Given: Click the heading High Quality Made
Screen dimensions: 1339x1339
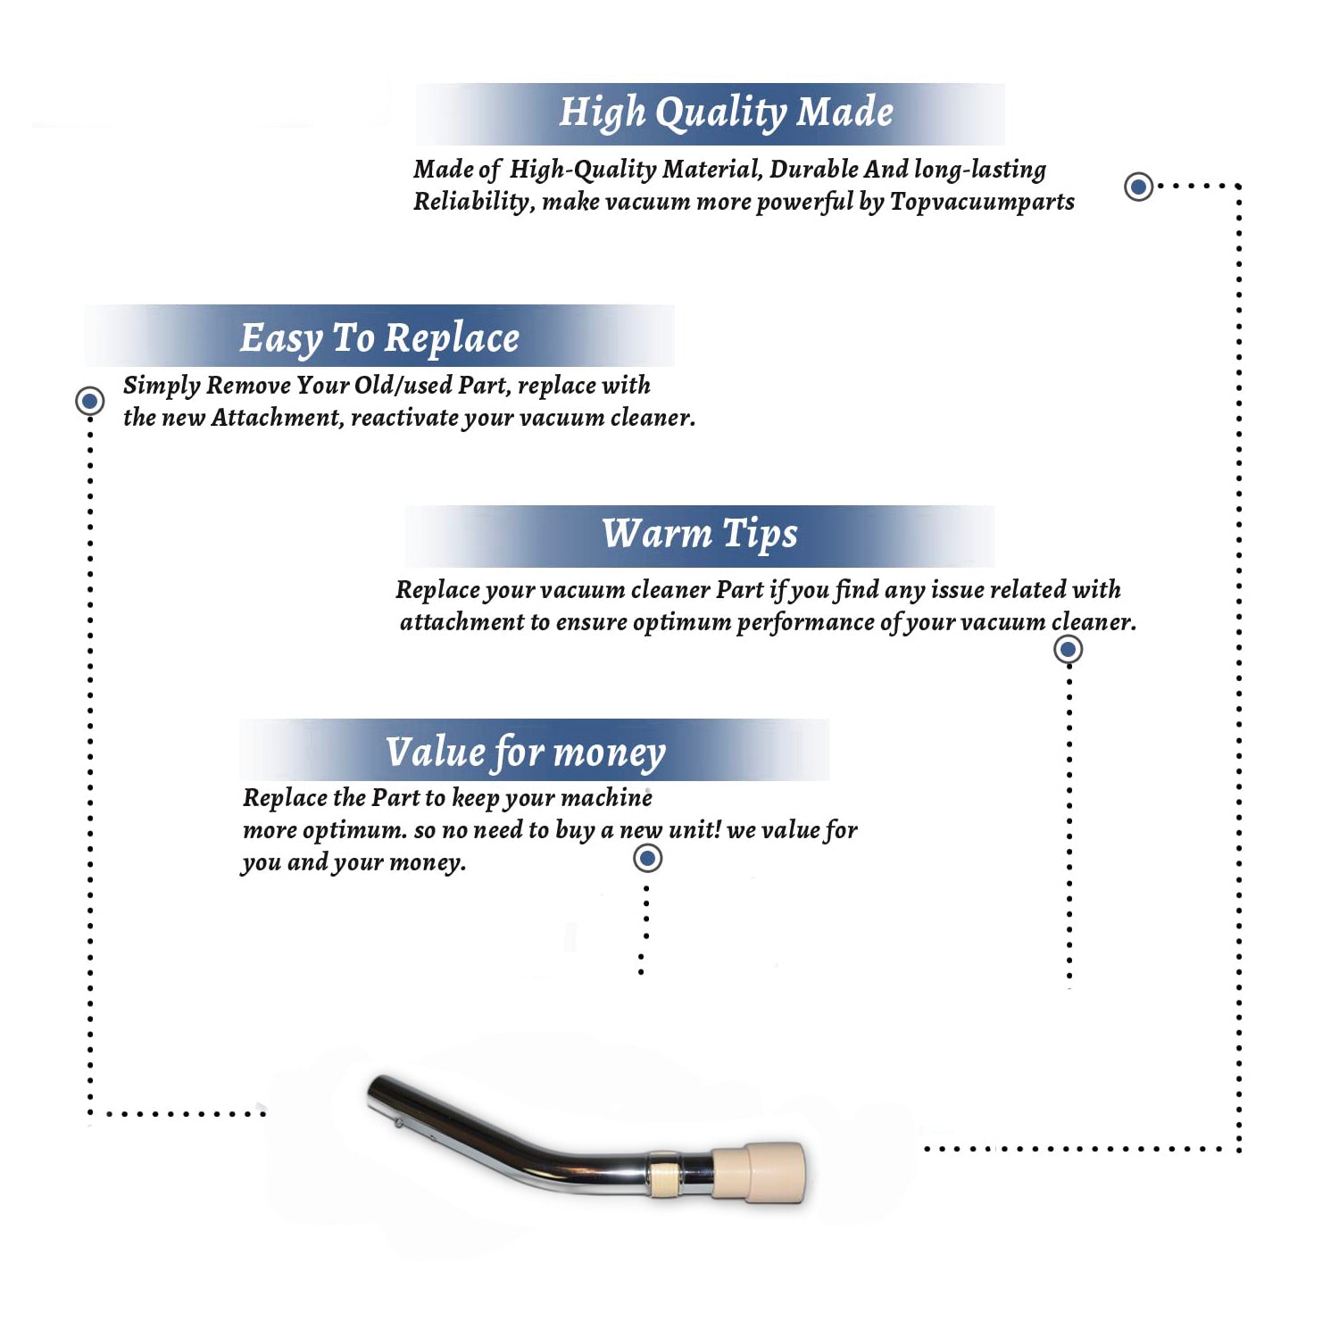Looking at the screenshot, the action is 726,113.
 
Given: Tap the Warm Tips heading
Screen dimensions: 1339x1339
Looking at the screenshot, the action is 699,534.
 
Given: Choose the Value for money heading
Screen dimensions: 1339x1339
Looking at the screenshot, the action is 525,753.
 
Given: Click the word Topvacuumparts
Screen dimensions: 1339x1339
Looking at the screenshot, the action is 982,203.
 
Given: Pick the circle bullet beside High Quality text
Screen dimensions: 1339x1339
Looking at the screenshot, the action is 1138,187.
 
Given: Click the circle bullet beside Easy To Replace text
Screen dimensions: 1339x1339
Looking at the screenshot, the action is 89,401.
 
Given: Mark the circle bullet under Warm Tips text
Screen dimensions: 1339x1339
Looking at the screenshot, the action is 1068,649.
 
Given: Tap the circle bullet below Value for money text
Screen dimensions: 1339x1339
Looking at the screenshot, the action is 647,859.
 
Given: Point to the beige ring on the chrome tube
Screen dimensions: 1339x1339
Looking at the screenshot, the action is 661,1173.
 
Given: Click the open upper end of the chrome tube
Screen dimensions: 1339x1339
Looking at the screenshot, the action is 376,1094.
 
